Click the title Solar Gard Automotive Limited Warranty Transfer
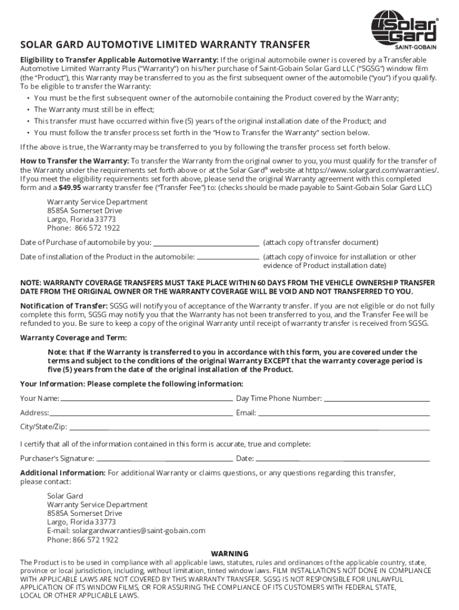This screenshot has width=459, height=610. click(x=165, y=45)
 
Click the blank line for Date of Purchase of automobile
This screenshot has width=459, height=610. click(x=206, y=243)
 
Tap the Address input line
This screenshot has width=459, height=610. click(x=141, y=413)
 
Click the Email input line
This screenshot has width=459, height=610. click(x=344, y=413)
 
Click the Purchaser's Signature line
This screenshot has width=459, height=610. click(x=164, y=459)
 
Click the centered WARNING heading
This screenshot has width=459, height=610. click(x=229, y=553)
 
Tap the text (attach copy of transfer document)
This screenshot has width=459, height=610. click(x=321, y=243)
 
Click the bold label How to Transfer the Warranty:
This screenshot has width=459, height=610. click(x=75, y=161)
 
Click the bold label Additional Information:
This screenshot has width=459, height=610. click(x=63, y=473)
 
